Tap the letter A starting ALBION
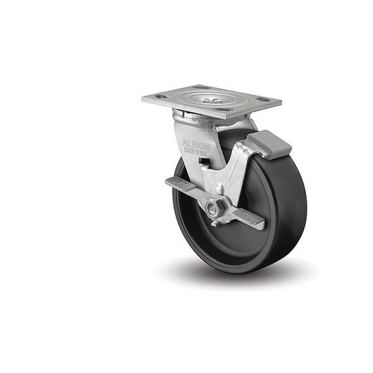pyautogui.click(x=185, y=140)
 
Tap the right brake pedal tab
pyautogui.click(x=252, y=219)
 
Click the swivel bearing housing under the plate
pyautogui.click(x=190, y=116)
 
